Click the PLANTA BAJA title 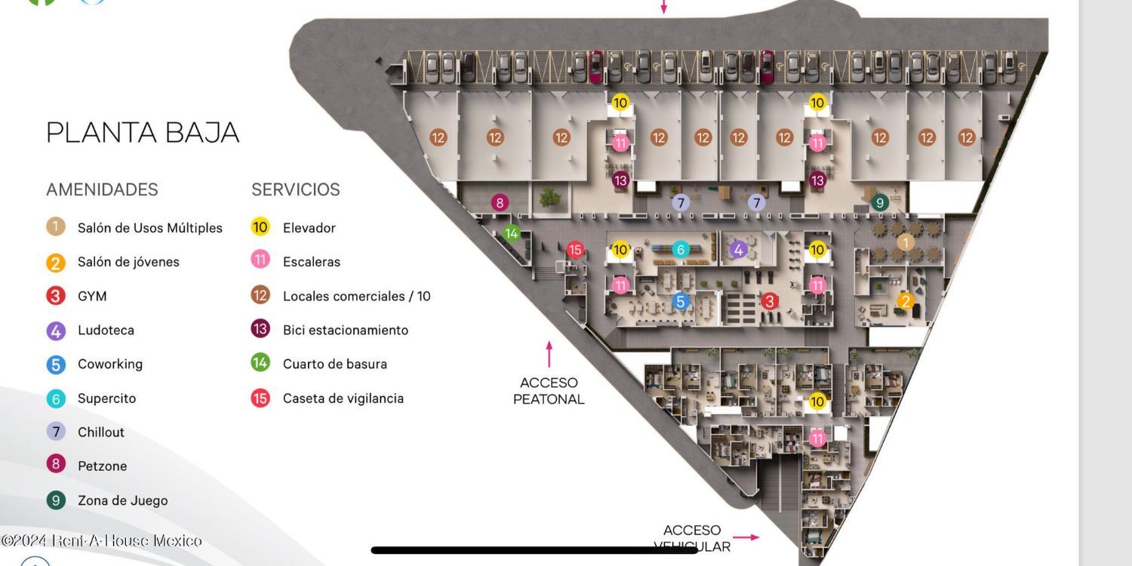[x=143, y=133]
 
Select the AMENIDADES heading [x=102, y=189]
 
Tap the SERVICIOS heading [x=296, y=189]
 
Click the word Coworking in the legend [x=110, y=364]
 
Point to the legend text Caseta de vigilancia [x=343, y=398]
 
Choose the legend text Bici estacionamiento [x=345, y=330]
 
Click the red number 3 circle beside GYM [x=56, y=296]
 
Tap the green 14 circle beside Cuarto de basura [x=260, y=363]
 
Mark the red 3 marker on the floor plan [x=769, y=301]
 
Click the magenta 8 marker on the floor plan [x=499, y=202]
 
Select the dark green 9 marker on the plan [x=879, y=202]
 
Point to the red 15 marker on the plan [x=575, y=250]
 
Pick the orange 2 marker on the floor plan [x=905, y=301]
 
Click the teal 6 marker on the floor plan [x=680, y=250]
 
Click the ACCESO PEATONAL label [x=549, y=391]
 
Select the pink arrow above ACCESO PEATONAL [x=549, y=354]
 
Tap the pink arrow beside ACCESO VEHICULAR [x=746, y=537]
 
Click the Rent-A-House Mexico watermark [x=102, y=540]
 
